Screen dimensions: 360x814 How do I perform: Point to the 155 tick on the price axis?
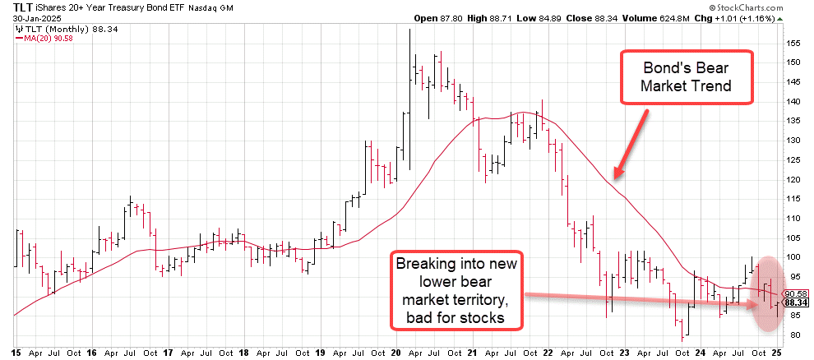coord(791,42)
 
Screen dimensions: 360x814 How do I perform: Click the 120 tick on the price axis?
coord(791,179)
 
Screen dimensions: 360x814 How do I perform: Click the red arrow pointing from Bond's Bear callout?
coord(630,143)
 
